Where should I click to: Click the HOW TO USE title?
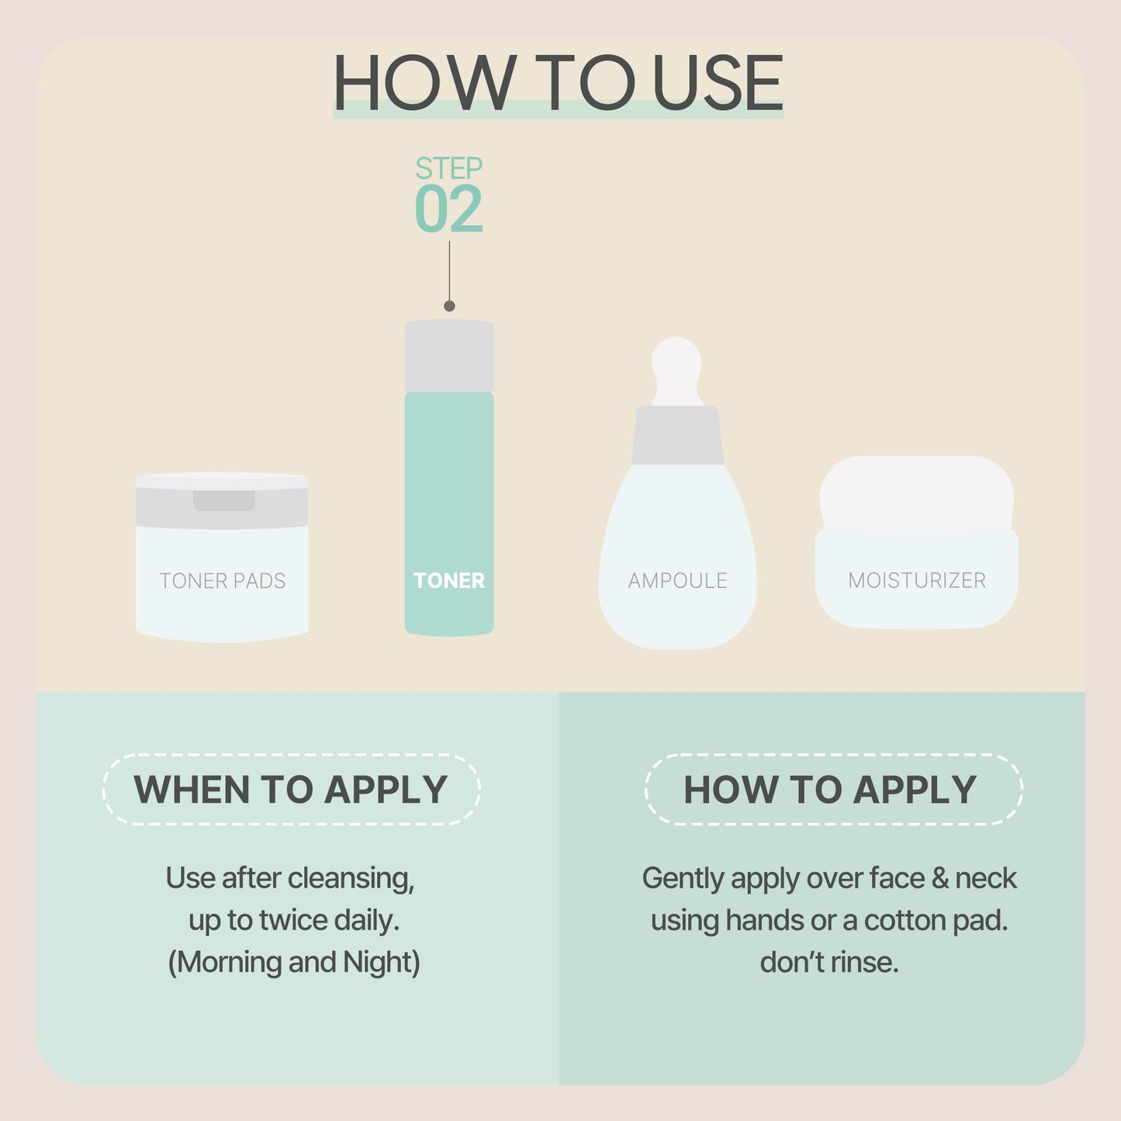pyautogui.click(x=558, y=83)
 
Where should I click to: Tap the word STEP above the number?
pyautogui.click(x=448, y=168)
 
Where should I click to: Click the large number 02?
pyautogui.click(x=448, y=209)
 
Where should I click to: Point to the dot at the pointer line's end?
pyautogui.click(x=449, y=306)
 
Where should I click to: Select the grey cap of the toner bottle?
pyautogui.click(x=449, y=355)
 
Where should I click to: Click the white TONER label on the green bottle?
pyautogui.click(x=448, y=580)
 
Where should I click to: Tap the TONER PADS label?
pyautogui.click(x=222, y=581)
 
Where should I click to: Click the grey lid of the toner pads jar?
pyautogui.click(x=222, y=504)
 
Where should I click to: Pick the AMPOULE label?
pyautogui.click(x=677, y=581)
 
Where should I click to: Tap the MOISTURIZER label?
pyautogui.click(x=916, y=580)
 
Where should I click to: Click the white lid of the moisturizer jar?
pyautogui.click(x=916, y=493)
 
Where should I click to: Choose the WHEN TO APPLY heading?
pyautogui.click(x=291, y=790)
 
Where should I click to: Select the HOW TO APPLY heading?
pyautogui.click(x=829, y=790)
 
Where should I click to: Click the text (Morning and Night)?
pyautogui.click(x=294, y=962)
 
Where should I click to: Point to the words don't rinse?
pyautogui.click(x=829, y=962)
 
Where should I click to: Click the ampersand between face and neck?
pyautogui.click(x=939, y=878)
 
